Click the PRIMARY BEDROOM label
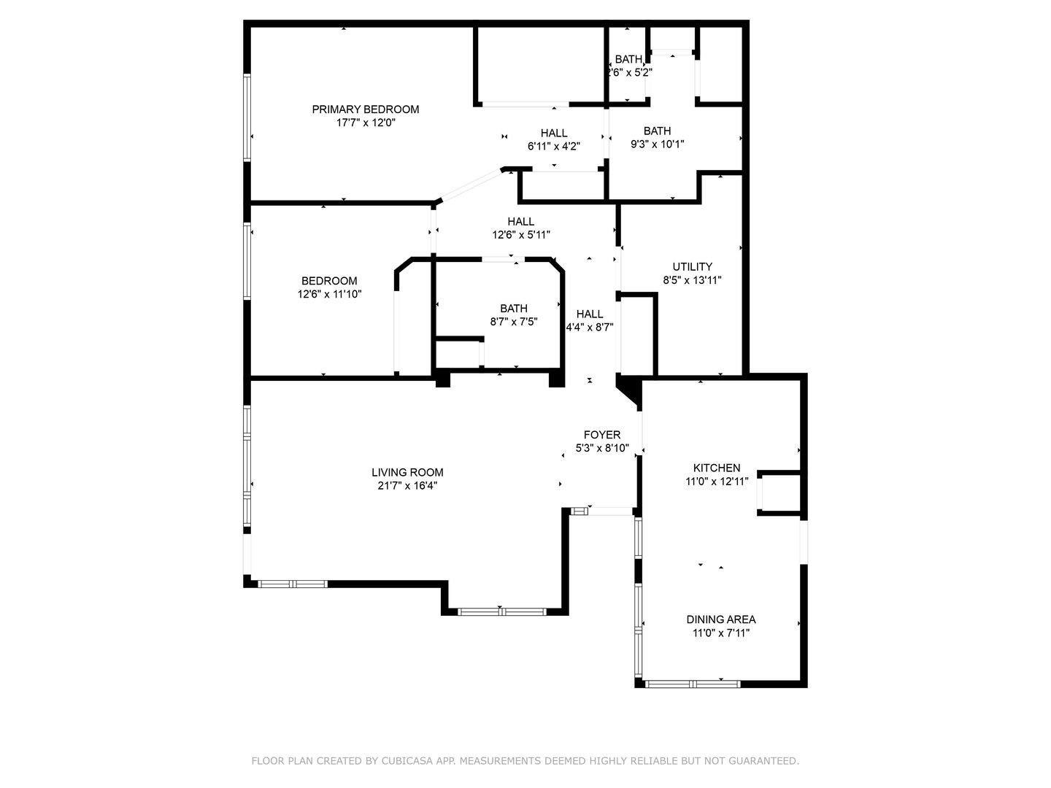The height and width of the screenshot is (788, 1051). coord(365,109)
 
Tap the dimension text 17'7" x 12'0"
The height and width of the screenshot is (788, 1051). coord(365,123)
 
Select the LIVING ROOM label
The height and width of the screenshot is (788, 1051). coord(407,472)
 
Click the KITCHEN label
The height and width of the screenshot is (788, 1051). coord(717,468)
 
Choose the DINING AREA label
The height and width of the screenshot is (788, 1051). coord(721,619)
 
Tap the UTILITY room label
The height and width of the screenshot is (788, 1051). coord(692,266)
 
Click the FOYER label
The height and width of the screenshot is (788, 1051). coord(602,435)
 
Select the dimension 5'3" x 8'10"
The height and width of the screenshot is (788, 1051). coord(602,448)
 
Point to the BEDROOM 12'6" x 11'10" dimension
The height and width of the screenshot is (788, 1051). coord(329,294)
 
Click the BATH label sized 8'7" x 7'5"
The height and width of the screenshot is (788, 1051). coord(514,308)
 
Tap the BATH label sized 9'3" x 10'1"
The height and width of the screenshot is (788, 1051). coord(657,131)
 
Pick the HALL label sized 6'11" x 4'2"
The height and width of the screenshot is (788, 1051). coord(554,133)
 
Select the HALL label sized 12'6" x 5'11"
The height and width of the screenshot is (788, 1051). coord(521,221)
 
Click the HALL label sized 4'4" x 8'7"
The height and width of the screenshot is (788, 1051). coord(590,314)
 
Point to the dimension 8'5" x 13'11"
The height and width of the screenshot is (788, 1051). coord(692,279)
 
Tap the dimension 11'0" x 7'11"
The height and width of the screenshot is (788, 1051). coord(721,633)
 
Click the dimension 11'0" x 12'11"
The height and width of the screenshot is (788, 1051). coord(717,482)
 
